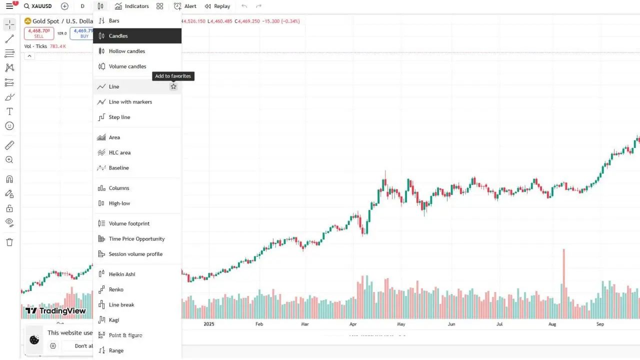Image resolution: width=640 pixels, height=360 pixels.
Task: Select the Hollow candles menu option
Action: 127,51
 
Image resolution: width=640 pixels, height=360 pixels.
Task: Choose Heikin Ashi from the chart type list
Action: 122,274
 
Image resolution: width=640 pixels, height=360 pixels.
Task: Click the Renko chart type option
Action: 116,289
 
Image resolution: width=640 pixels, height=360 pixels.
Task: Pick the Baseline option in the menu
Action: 118,168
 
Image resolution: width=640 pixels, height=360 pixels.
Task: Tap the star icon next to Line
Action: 173,86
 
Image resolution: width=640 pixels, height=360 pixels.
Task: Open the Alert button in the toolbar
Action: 185,6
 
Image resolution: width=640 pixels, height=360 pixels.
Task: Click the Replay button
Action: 217,6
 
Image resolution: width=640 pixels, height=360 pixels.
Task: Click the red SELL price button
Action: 39,33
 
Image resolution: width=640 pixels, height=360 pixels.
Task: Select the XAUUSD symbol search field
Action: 38,6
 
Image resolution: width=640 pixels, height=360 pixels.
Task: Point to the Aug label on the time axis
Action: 552,324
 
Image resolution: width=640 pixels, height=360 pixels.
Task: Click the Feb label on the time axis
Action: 259,324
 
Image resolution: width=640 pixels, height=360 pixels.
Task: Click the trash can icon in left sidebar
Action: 9,242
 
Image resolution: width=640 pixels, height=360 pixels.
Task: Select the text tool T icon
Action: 9,111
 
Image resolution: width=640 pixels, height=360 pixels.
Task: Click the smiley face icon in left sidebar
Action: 9,126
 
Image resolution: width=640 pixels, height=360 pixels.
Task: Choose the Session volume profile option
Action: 135,254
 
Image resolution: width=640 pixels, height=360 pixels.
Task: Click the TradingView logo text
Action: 55,310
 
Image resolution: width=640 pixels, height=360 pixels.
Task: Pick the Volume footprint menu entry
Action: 129,223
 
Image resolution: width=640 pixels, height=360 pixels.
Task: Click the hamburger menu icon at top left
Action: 9,6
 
